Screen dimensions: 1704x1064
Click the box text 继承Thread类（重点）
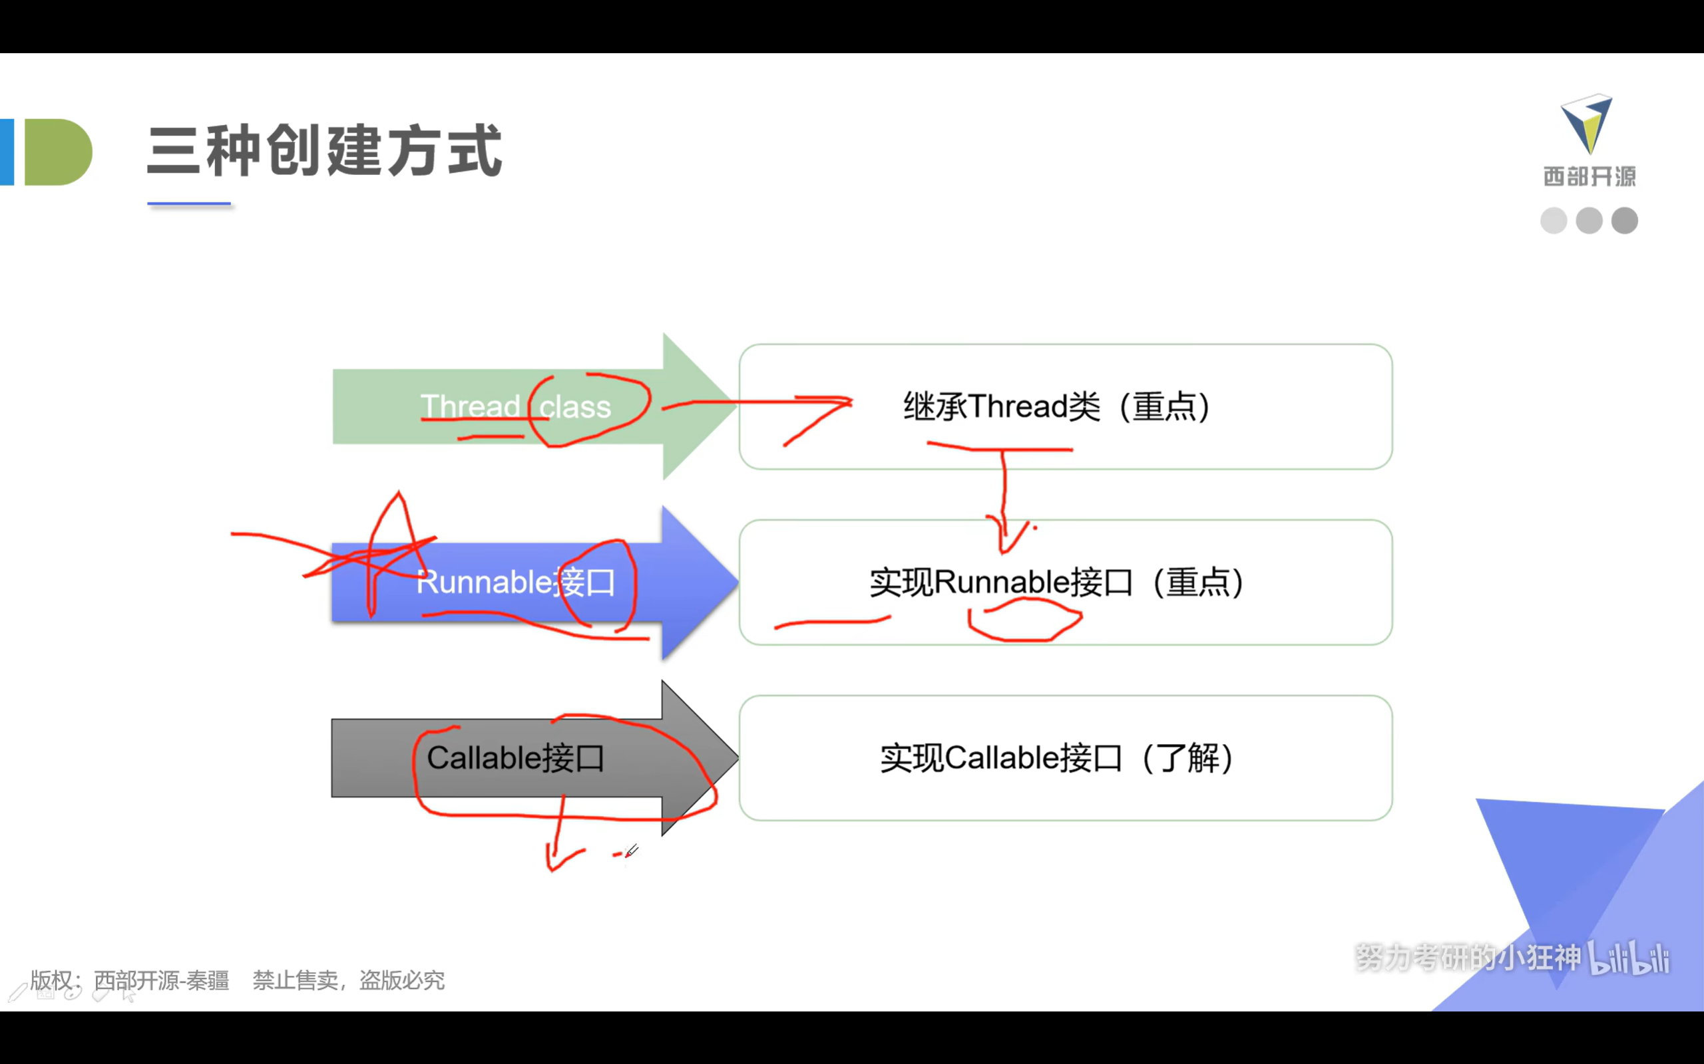coord(1056,407)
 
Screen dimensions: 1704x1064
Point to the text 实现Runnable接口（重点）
coord(1056,583)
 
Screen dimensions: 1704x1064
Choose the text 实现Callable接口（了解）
coord(1056,758)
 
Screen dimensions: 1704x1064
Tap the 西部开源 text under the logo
coord(1590,176)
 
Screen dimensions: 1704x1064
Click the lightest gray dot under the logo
coord(1554,221)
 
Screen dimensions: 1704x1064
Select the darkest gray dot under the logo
coord(1624,221)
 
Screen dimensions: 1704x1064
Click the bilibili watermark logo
coord(1629,958)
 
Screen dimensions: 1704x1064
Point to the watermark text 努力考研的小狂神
coord(1468,957)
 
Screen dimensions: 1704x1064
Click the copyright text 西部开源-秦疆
coord(161,980)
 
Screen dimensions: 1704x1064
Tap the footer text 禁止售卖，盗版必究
coord(349,980)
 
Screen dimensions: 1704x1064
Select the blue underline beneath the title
coord(189,204)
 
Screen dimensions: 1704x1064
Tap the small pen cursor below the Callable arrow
coord(631,851)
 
